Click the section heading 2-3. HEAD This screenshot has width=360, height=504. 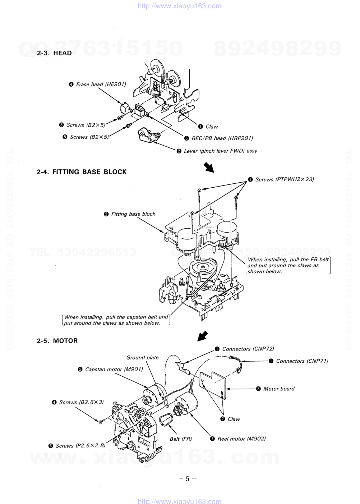point(54,53)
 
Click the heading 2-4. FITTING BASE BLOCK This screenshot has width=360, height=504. point(82,172)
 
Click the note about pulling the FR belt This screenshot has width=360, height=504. point(288,266)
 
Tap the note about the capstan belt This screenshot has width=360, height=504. point(116,320)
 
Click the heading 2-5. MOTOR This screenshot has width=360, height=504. point(57,341)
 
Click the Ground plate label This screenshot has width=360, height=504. point(142,358)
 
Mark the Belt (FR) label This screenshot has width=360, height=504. point(181,439)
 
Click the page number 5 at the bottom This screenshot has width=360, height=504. point(187,479)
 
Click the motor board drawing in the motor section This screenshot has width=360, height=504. point(213,385)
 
